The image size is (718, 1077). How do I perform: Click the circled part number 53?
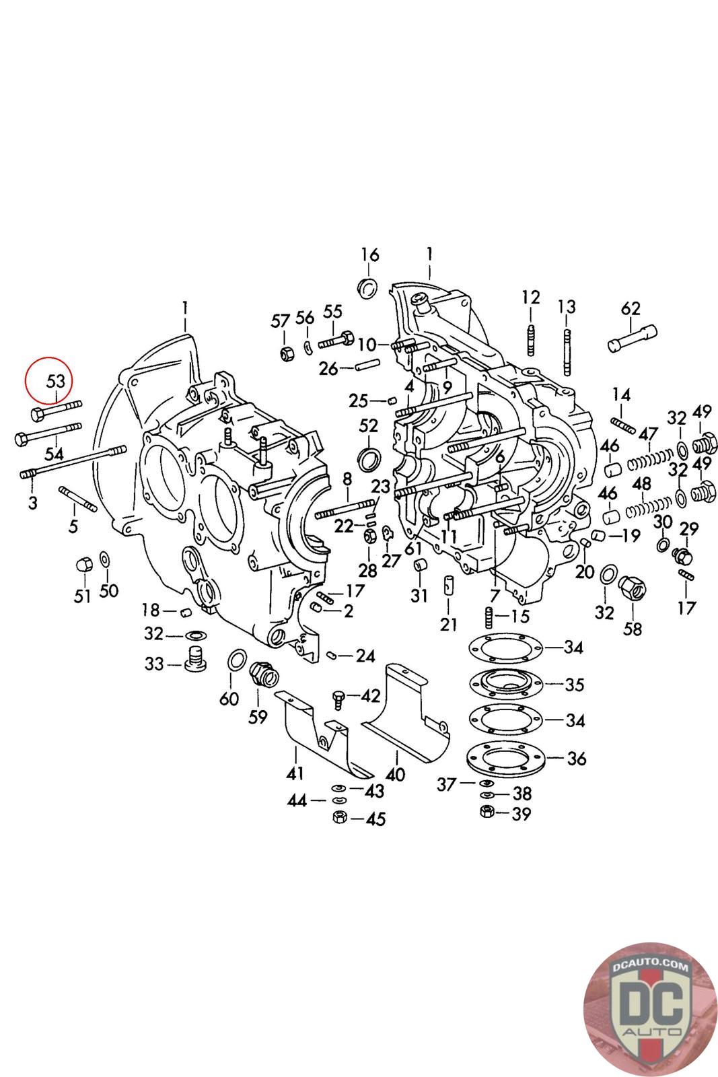pyautogui.click(x=55, y=381)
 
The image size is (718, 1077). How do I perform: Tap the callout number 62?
pyautogui.click(x=631, y=309)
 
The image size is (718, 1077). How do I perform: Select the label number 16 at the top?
pyautogui.click(x=369, y=255)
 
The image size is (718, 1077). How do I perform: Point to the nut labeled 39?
pyautogui.click(x=487, y=812)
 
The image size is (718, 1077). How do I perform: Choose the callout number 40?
pyautogui.click(x=395, y=774)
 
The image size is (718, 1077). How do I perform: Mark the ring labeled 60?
pyautogui.click(x=236, y=661)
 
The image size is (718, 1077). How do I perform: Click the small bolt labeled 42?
pyautogui.click(x=339, y=698)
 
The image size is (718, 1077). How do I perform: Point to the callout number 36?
pyautogui.click(x=576, y=759)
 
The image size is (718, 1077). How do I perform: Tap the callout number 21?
pyautogui.click(x=449, y=624)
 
